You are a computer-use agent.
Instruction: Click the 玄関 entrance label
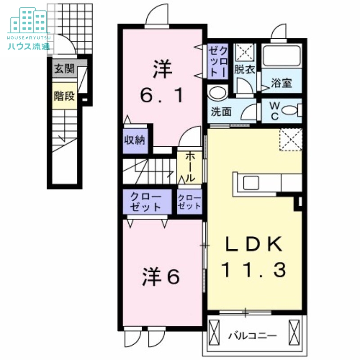tap(64, 69)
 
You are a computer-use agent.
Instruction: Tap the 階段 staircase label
tap(63, 96)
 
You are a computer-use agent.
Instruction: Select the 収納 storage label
tap(134, 140)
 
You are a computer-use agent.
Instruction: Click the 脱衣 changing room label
tap(244, 70)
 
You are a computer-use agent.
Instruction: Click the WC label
tap(274, 110)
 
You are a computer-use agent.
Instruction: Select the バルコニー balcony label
tap(252, 336)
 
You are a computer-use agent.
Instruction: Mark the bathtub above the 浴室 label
tap(282, 56)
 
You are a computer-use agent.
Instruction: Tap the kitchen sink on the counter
tap(251, 183)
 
